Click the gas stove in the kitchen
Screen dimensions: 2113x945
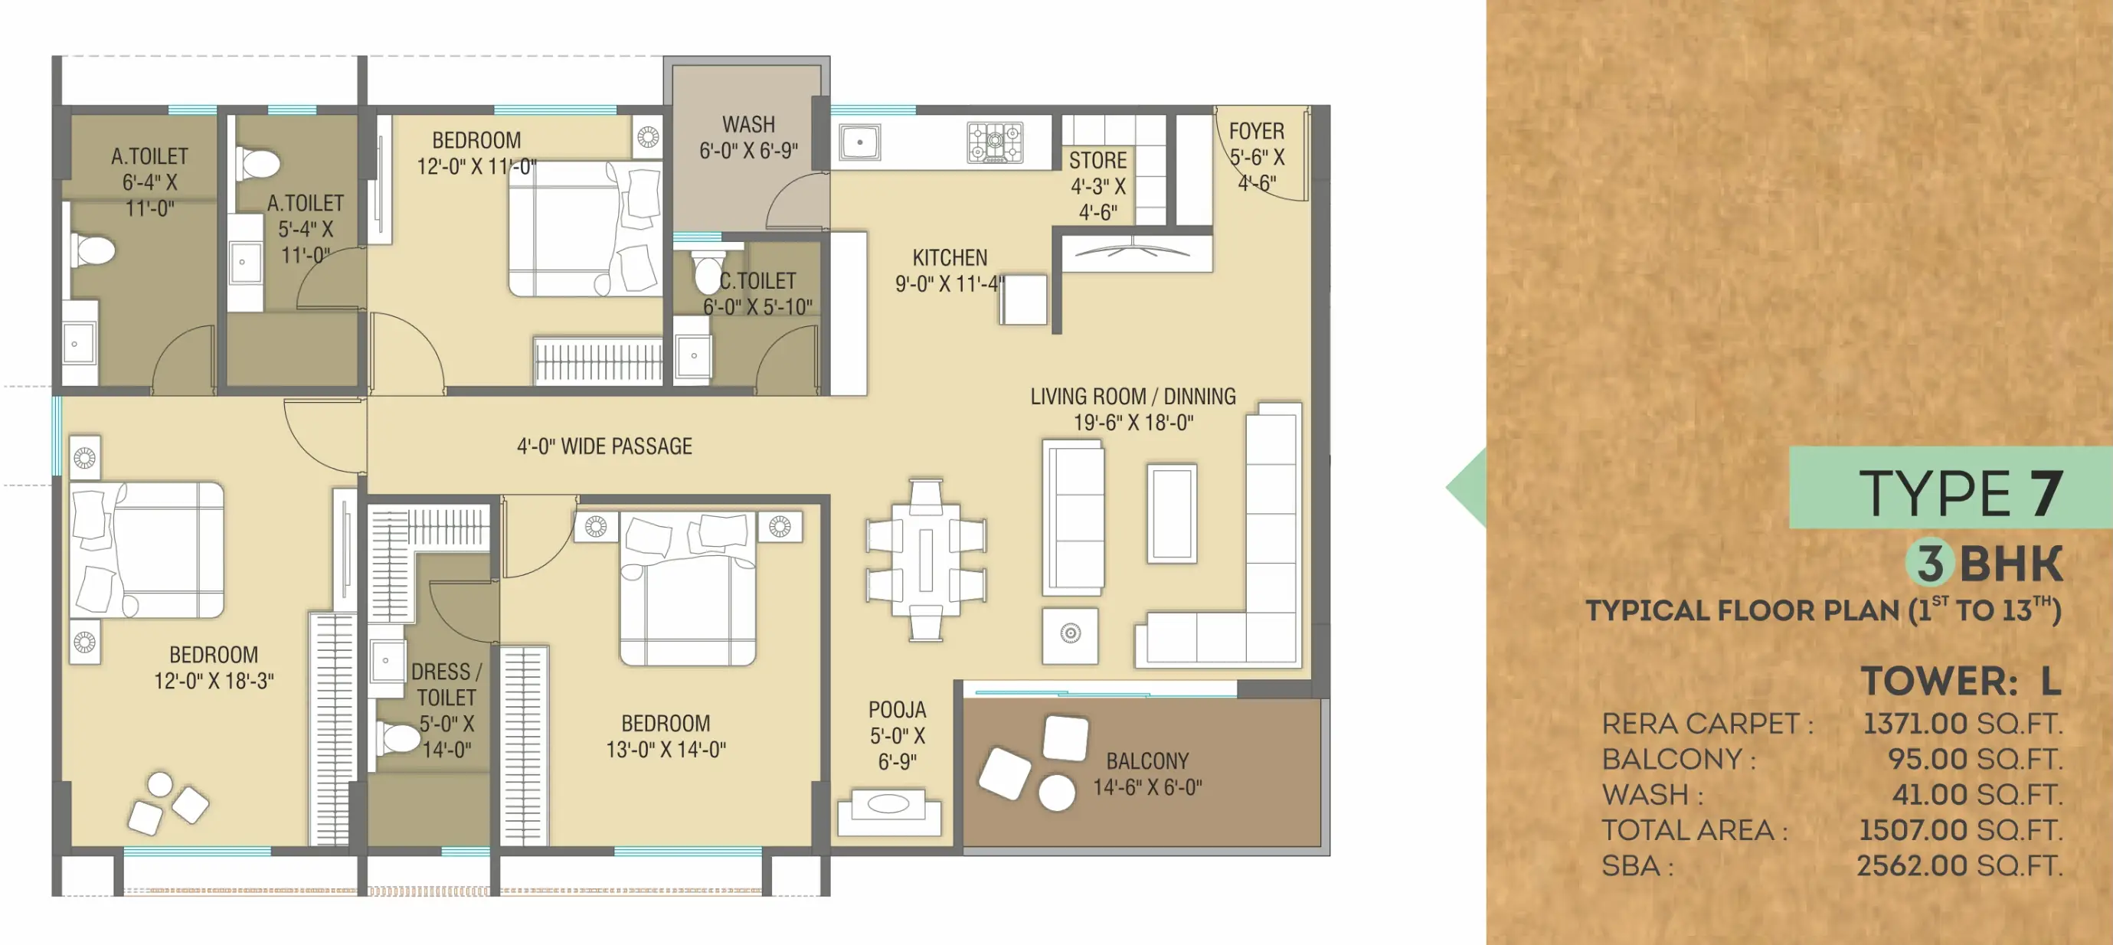[x=995, y=142]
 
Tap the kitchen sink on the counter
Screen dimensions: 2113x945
[x=859, y=142]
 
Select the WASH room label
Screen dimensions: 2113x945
[x=748, y=125]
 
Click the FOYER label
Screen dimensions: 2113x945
[x=1256, y=131]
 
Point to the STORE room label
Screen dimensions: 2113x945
[x=1097, y=160]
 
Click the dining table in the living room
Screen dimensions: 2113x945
[x=926, y=560]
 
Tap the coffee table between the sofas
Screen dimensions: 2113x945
[x=1171, y=512]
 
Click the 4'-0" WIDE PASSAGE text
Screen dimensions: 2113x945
[x=604, y=446]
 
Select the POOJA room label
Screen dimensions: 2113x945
[x=897, y=710]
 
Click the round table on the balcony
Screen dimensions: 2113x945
[x=1057, y=793]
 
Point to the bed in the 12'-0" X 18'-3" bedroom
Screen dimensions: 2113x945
[x=147, y=550]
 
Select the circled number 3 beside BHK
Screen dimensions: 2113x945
[x=1930, y=563]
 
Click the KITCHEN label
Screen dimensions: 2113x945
[x=950, y=257]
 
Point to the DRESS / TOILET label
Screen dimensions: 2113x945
[x=446, y=684]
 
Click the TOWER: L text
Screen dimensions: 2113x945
[x=1961, y=681]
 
